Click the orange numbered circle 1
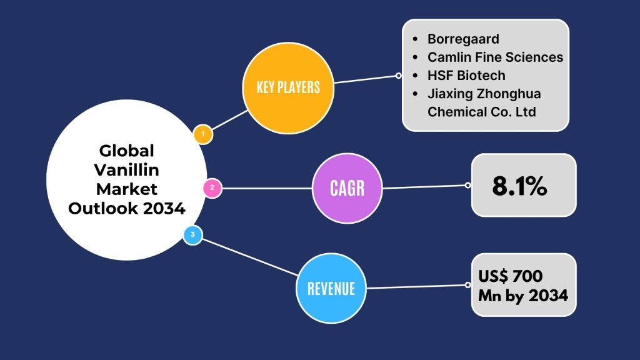203,134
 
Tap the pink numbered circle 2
212,188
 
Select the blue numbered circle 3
192,235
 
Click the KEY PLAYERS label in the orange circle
288,87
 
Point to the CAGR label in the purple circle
347,188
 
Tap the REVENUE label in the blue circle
331,289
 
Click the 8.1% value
519,186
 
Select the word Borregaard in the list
463,39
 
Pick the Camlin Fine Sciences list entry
495,57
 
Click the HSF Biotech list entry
466,76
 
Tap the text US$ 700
510,276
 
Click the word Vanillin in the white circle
126,170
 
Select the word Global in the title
126,151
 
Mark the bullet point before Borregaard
415,39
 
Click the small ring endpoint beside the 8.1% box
467,185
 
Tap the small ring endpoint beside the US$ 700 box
467,285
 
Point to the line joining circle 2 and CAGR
267,188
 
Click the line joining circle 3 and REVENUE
250,257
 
